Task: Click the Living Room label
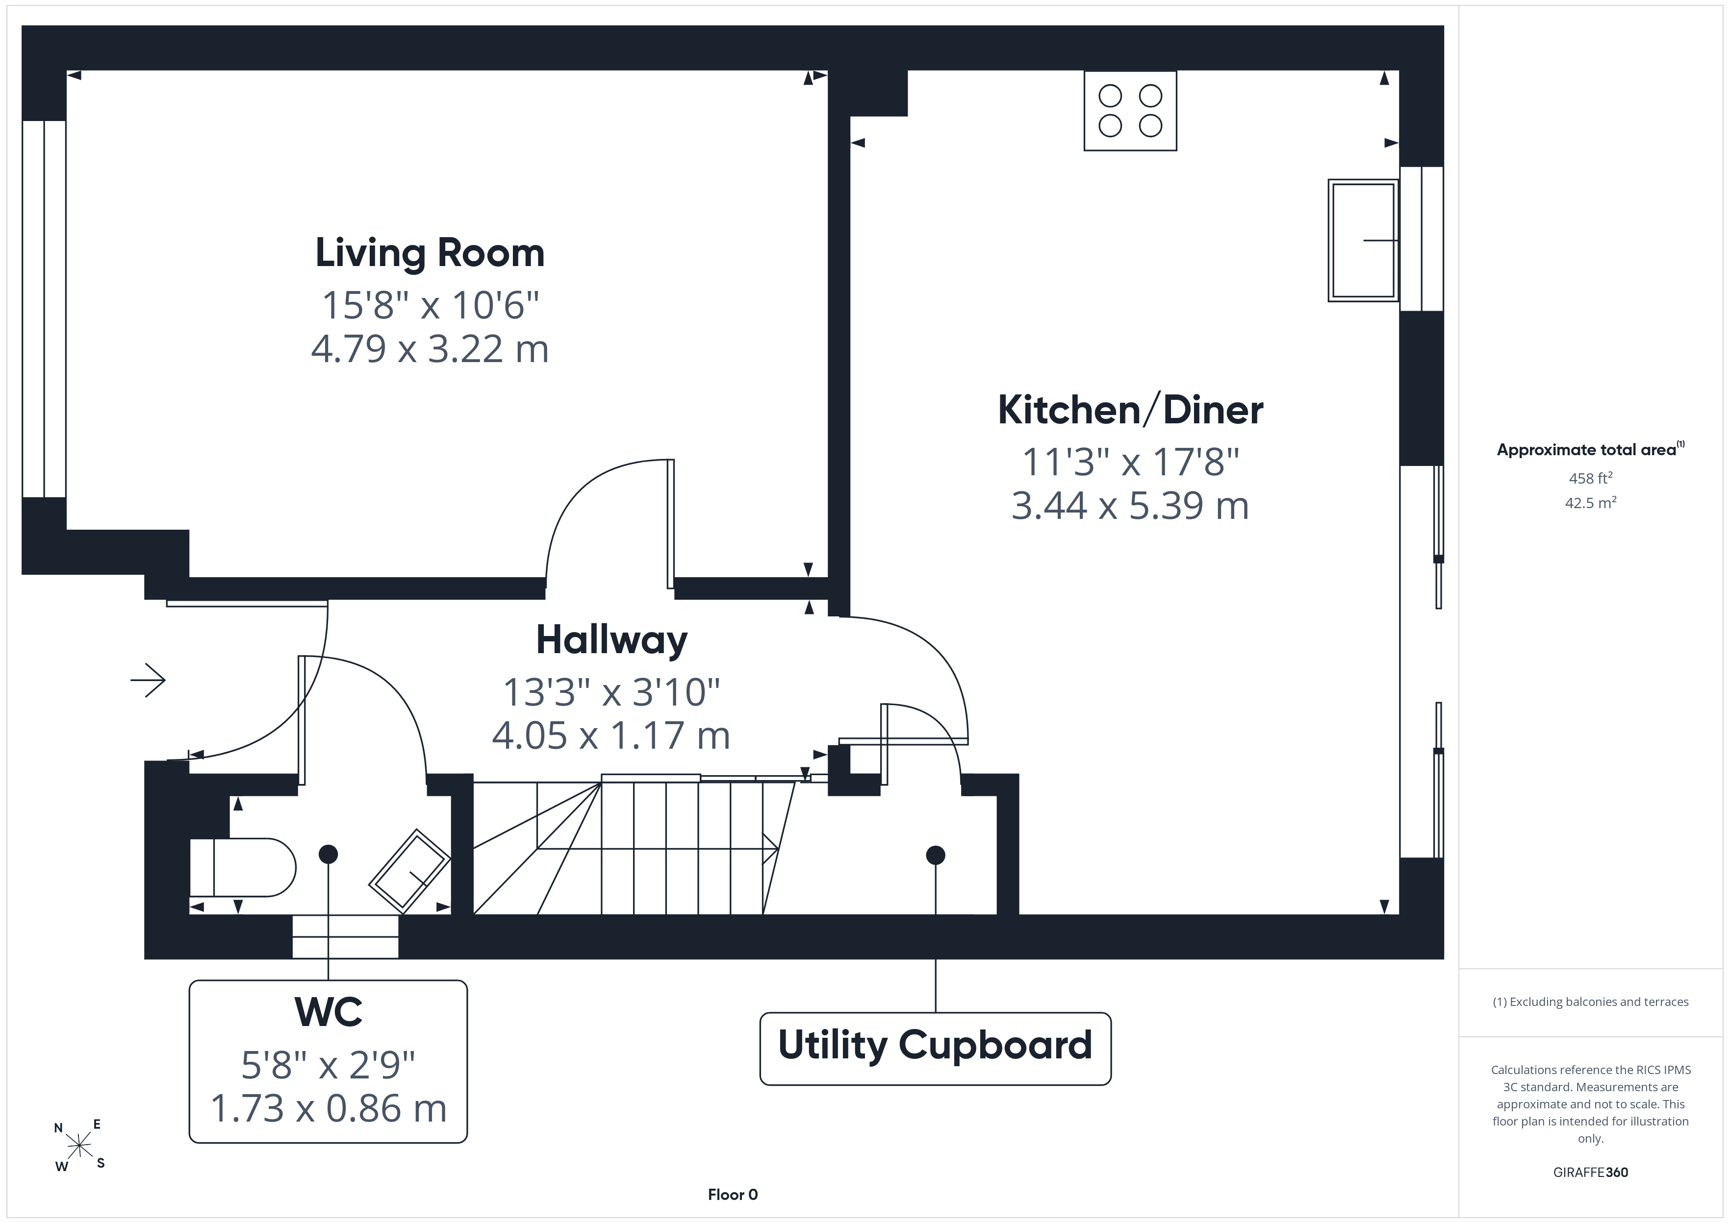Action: coord(430,253)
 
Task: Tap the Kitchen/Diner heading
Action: coord(1130,411)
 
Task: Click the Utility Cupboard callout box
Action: coord(935,1048)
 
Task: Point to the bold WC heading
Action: coord(329,1012)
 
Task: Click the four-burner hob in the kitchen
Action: coord(1130,111)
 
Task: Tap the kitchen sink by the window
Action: coord(1363,240)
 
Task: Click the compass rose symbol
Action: coord(79,1146)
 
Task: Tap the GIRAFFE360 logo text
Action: coord(1591,1173)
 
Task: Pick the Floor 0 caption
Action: coord(733,1195)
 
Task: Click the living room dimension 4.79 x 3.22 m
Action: coord(430,349)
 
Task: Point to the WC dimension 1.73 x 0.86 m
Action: coord(329,1108)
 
